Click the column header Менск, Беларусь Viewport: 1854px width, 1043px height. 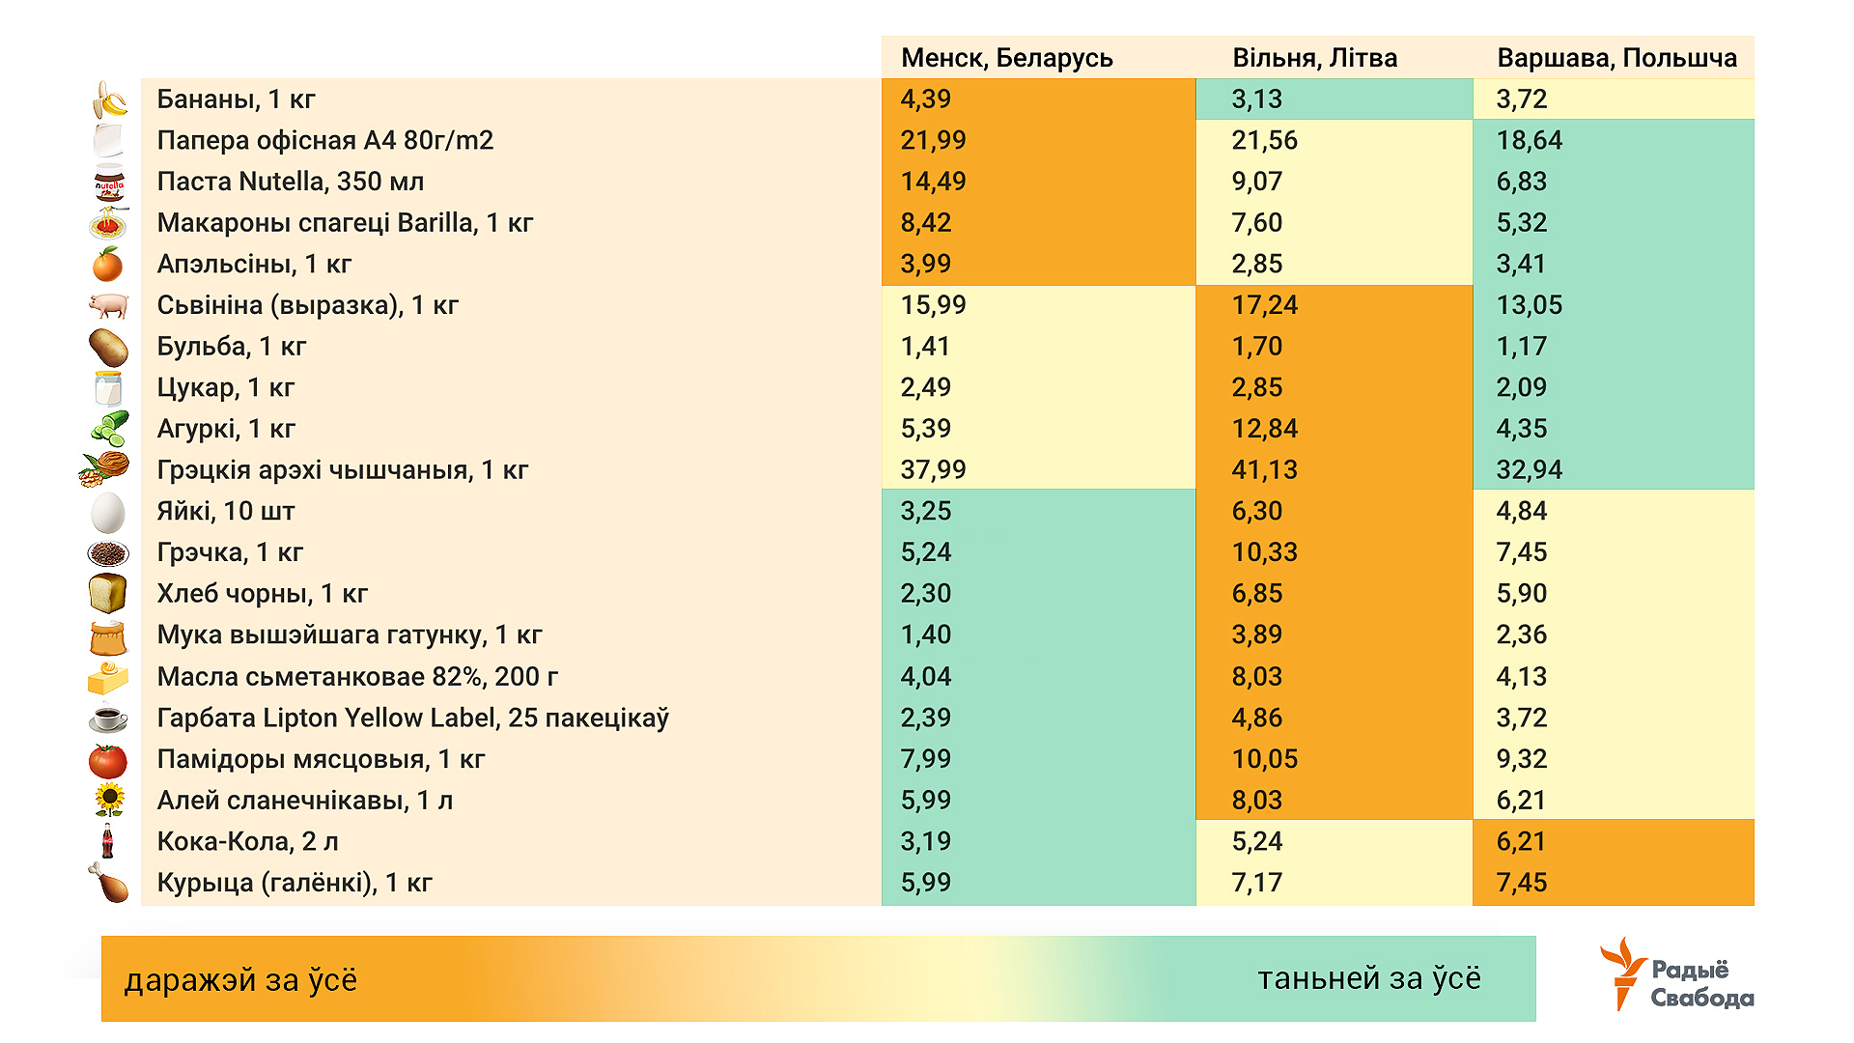[1006, 58]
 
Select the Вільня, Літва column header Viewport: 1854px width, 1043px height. [1314, 58]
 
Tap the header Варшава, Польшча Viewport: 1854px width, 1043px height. [1616, 58]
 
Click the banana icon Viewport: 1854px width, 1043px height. [110, 99]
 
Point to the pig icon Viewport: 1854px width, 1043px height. [108, 305]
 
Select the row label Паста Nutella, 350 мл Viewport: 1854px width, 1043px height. [290, 182]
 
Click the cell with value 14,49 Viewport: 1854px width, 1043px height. [933, 182]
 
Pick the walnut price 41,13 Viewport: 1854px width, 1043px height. [1264, 470]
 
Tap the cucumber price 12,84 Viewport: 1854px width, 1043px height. [1264, 429]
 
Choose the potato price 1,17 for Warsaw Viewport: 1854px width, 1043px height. [1521, 347]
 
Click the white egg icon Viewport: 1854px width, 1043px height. [108, 512]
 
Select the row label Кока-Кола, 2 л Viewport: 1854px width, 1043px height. [247, 841]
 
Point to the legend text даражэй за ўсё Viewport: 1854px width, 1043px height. [240, 980]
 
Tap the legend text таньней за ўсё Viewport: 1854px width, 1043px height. [1368, 979]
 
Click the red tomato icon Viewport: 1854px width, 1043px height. [108, 760]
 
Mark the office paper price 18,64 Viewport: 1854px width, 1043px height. [1529, 141]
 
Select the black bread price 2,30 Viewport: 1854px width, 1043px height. [925, 594]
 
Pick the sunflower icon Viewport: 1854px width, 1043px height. [109, 800]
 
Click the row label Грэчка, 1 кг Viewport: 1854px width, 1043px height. [230, 552]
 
